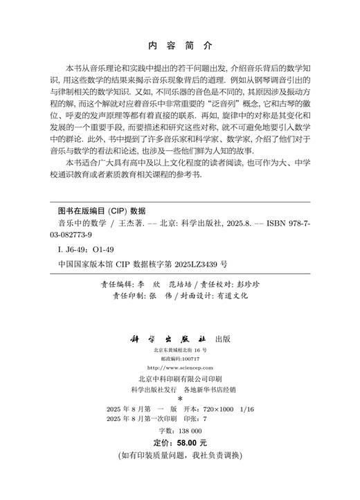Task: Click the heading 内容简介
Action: [181, 46]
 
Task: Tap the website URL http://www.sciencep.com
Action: [180, 367]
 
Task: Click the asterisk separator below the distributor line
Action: [180, 399]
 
